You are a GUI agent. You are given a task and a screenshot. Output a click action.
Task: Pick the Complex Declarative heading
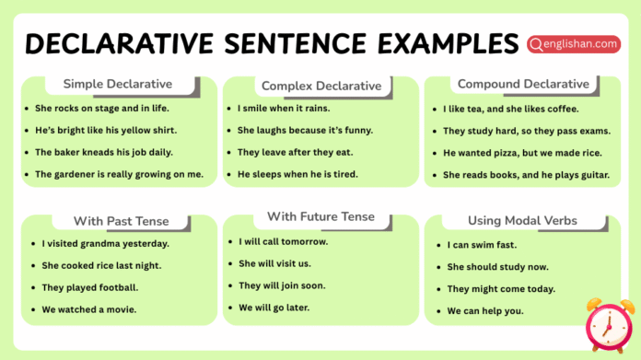coord(320,86)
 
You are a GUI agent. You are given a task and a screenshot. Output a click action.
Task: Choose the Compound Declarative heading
coord(523,85)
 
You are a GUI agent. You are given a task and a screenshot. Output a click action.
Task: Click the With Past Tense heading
coord(121,221)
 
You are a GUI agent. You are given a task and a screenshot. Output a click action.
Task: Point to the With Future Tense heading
coord(320,216)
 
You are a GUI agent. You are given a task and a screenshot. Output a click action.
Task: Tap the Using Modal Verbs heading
coord(522,221)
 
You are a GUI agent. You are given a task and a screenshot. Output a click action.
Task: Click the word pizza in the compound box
coord(504,153)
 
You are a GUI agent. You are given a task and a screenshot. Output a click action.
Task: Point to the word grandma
coord(102,244)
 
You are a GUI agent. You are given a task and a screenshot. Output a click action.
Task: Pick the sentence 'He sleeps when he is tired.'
coord(297,174)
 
